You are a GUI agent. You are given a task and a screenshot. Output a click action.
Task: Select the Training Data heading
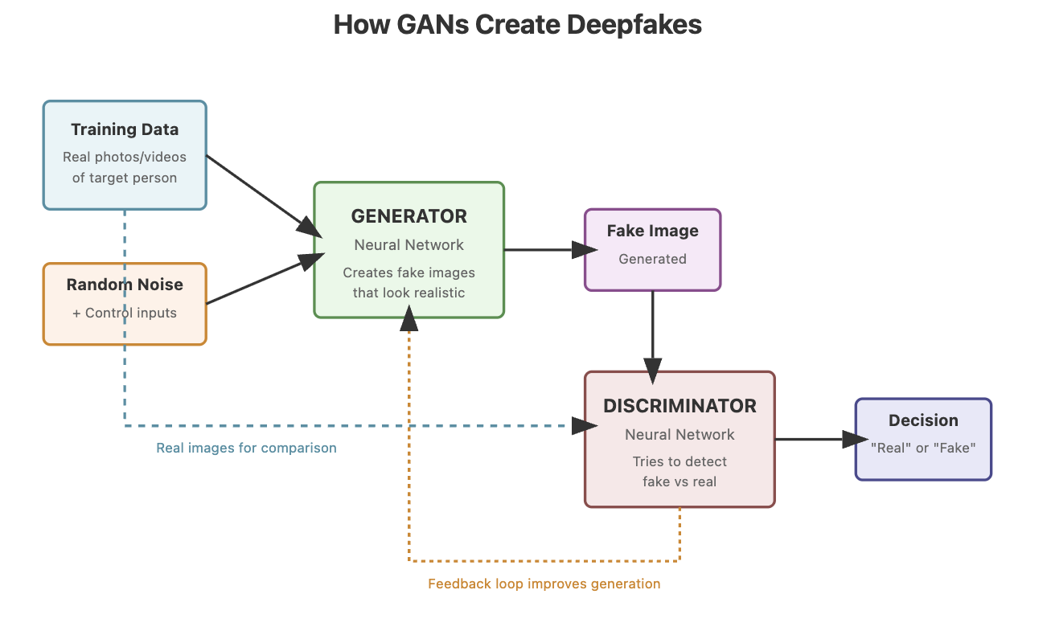coord(125,129)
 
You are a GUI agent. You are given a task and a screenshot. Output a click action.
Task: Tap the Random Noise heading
coord(125,285)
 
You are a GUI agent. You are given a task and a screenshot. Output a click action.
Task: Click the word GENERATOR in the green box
coord(409,216)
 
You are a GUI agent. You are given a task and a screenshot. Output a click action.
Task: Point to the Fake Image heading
coord(652,231)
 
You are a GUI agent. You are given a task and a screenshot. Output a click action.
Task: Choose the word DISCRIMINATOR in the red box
coord(680,406)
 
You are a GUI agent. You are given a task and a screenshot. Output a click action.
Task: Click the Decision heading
coord(923,420)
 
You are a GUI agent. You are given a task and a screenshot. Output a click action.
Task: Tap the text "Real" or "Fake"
coord(923,448)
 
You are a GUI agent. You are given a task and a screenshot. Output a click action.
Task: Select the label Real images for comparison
coord(246,448)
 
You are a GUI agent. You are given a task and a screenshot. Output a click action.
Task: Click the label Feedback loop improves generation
coord(544,584)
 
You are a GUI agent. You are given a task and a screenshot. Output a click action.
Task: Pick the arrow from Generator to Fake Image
coord(544,250)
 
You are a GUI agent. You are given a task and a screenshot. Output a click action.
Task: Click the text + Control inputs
coord(125,313)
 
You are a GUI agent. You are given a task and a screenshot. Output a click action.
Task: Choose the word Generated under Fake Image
coord(652,259)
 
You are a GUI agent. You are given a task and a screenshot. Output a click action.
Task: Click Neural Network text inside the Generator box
coord(409,244)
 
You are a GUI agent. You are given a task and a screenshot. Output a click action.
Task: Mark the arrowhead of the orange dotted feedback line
coord(409,321)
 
